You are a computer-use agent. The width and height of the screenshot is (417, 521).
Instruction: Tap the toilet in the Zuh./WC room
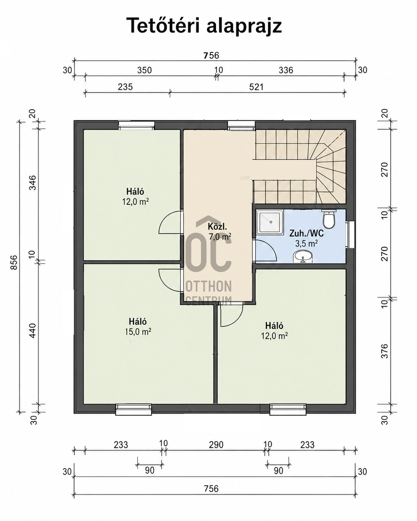(329, 219)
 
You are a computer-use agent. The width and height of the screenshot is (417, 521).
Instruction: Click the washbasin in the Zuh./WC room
(303, 256)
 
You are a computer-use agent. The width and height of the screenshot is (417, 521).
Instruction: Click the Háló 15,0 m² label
(138, 327)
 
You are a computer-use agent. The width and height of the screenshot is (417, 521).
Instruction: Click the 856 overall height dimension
(14, 262)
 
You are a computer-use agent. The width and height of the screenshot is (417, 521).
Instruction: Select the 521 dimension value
(256, 87)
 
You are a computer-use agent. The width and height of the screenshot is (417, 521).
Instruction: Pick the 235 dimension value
(126, 87)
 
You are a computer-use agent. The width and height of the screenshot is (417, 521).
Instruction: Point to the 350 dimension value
(145, 70)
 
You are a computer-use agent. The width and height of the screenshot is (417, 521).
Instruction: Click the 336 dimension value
(286, 70)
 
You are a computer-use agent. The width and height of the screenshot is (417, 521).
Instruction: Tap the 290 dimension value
(216, 445)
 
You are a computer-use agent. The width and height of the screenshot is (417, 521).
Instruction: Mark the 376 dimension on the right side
(384, 351)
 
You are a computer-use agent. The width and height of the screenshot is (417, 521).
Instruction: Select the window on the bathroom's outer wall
(350, 234)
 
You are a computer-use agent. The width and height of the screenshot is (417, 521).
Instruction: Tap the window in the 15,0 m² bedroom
(134, 410)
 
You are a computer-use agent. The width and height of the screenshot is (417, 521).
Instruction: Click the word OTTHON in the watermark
(208, 287)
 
